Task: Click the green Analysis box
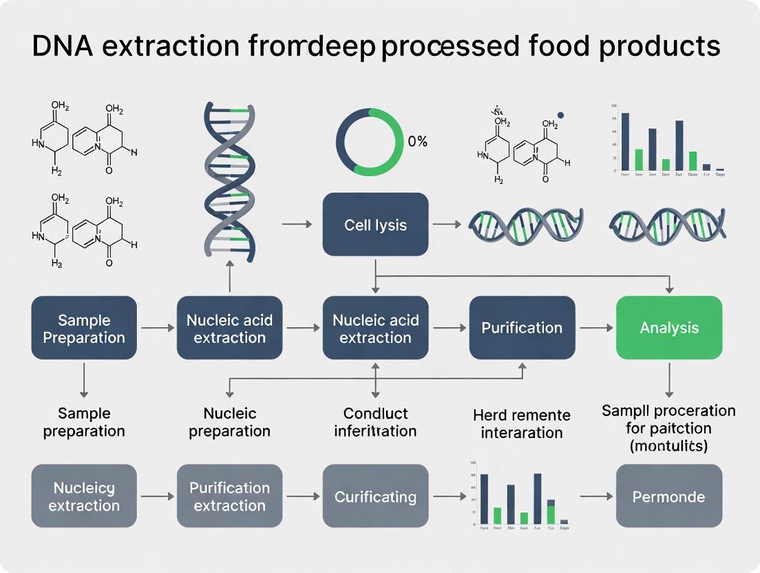click(x=668, y=328)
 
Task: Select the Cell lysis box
click(x=375, y=225)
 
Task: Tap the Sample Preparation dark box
click(x=84, y=329)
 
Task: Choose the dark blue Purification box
click(x=522, y=328)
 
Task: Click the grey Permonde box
click(x=668, y=497)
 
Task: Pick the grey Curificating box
click(x=375, y=497)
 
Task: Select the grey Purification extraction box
click(x=229, y=497)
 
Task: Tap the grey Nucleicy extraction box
click(x=84, y=497)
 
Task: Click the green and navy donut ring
click(x=365, y=142)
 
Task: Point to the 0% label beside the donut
click(x=417, y=142)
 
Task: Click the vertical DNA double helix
click(x=229, y=182)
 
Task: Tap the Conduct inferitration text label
click(x=375, y=422)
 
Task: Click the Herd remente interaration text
click(x=522, y=424)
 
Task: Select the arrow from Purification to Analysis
click(x=595, y=329)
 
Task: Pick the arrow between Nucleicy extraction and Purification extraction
click(x=156, y=496)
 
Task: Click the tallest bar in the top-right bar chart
click(x=625, y=141)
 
